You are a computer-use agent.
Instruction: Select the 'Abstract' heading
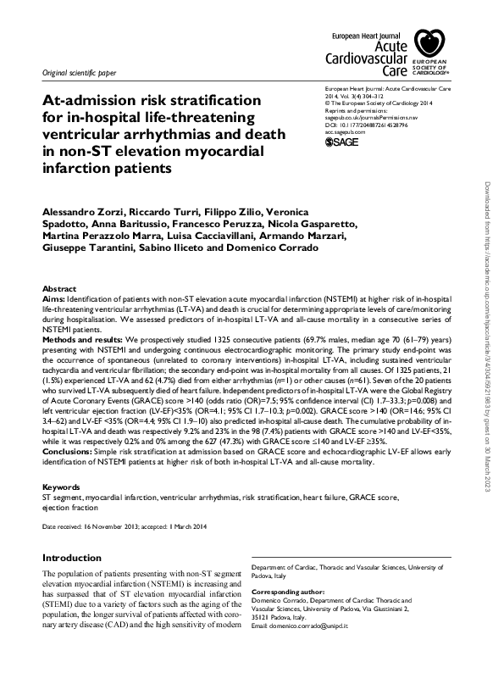[x=59, y=289]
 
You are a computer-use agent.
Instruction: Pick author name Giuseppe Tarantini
[x=82, y=248]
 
